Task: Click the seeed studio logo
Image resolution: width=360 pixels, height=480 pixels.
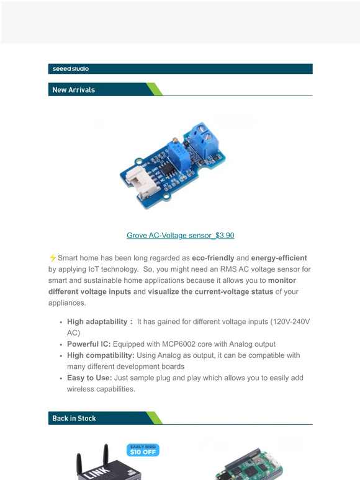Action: click(x=71, y=69)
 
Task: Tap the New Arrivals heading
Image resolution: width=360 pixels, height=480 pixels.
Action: click(x=73, y=90)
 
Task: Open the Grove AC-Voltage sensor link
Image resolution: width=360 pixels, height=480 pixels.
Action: click(x=180, y=236)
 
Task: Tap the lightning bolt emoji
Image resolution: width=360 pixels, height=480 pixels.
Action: click(x=52, y=258)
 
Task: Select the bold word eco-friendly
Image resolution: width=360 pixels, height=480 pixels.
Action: click(x=214, y=258)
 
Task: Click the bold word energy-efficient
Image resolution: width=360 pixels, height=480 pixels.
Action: click(x=279, y=258)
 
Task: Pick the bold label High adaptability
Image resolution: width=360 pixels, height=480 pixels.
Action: click(x=99, y=322)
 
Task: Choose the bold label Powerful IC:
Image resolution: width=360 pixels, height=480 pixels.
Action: click(x=89, y=344)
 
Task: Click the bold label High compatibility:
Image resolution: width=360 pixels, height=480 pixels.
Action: click(x=101, y=355)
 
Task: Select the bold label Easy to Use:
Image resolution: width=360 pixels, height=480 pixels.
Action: click(x=89, y=378)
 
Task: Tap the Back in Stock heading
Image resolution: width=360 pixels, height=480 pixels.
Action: click(x=74, y=419)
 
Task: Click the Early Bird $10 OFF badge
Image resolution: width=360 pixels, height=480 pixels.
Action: click(x=143, y=450)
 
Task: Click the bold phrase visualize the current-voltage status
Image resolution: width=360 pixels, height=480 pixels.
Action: click(x=210, y=291)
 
